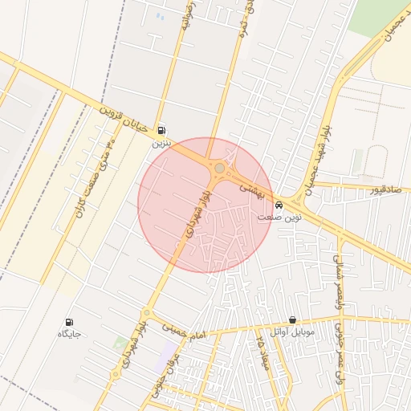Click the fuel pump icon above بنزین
click(x=163, y=129)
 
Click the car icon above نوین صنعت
click(x=279, y=204)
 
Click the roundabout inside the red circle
click(x=218, y=168)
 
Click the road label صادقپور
click(x=384, y=190)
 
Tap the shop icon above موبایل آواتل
click(x=292, y=319)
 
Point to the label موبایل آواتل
click(x=293, y=332)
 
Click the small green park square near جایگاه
click(x=120, y=343)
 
